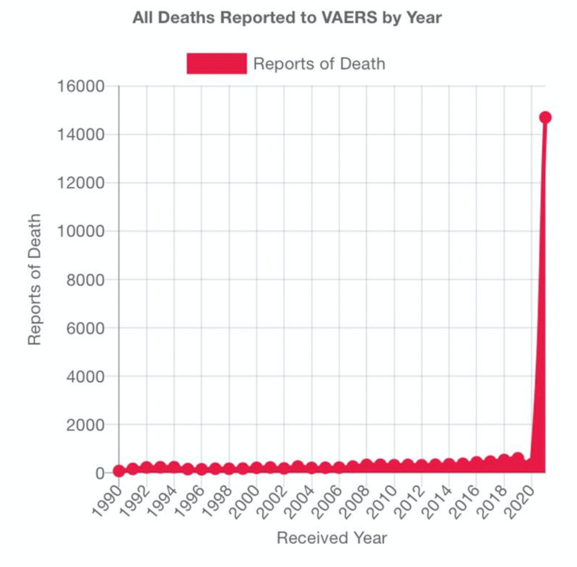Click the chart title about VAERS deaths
(x=287, y=18)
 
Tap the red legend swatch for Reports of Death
(x=216, y=64)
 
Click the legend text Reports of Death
(x=319, y=64)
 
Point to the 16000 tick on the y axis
(x=81, y=86)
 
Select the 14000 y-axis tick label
(x=81, y=134)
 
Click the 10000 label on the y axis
(x=81, y=231)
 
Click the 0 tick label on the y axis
(x=100, y=473)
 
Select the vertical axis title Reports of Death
(x=35, y=279)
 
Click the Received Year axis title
(x=331, y=538)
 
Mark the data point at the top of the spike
(x=545, y=118)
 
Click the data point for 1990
(x=119, y=471)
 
